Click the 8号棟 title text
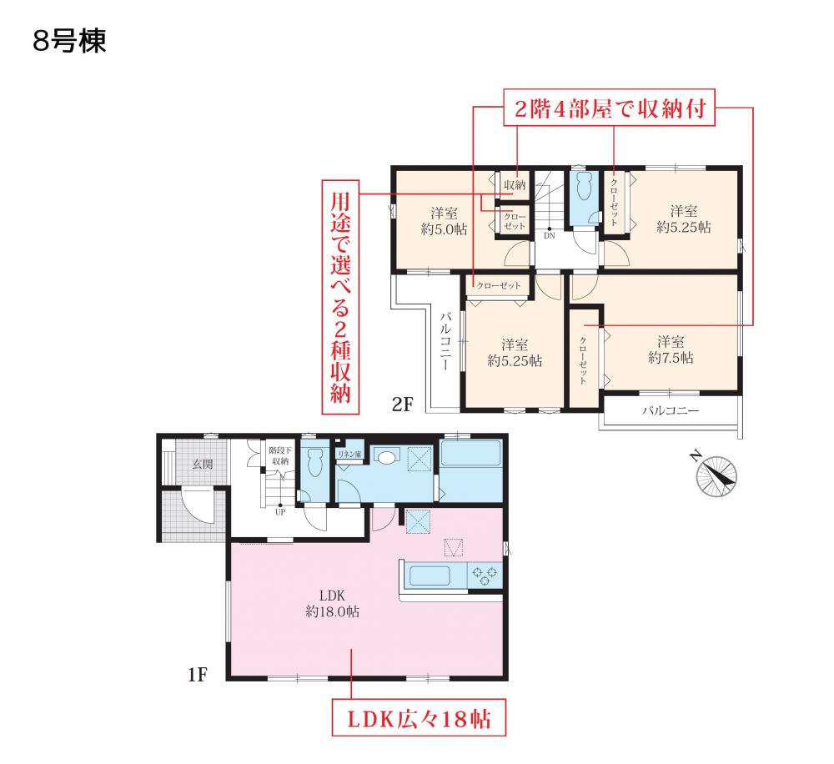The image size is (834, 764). [x=69, y=41]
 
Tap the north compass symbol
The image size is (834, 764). [x=716, y=475]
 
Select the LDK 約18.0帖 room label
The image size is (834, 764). [x=333, y=603]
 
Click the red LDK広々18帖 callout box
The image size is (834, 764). [x=419, y=718]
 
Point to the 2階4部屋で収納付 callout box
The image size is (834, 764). [x=609, y=108]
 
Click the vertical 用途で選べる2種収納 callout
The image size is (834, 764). [x=340, y=297]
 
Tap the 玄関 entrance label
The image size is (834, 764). [x=202, y=465]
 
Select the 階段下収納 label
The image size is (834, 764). [x=280, y=456]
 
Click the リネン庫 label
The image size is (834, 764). [x=349, y=454]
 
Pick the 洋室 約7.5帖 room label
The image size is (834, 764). [x=671, y=349]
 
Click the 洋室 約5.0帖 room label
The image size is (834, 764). [x=444, y=221]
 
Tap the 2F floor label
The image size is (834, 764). [x=402, y=405]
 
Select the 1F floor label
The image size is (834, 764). [x=197, y=675]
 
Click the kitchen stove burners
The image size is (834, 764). [x=484, y=576]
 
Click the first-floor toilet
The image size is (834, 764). [x=313, y=461]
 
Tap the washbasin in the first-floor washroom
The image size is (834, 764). [x=387, y=455]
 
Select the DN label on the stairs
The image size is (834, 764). [x=550, y=235]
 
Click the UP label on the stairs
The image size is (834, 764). [x=280, y=512]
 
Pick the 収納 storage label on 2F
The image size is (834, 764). [x=515, y=185]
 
